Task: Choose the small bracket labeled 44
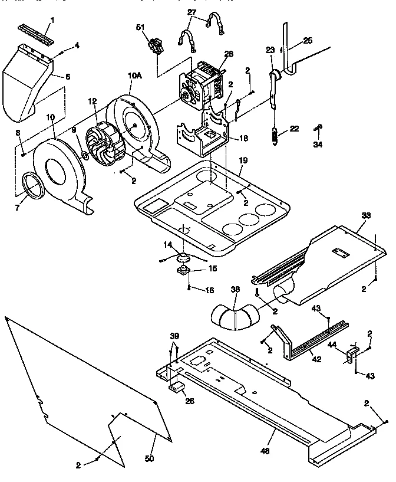click(x=353, y=354)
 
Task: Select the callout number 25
click(x=308, y=41)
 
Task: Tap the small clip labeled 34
click(x=318, y=127)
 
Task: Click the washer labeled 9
click(x=85, y=156)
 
